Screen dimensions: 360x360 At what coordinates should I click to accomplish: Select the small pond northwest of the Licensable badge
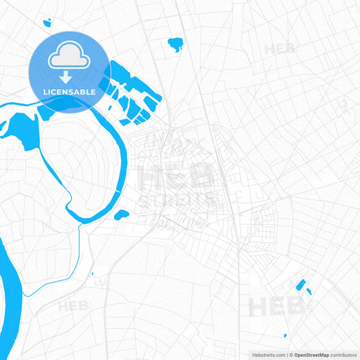click(47, 23)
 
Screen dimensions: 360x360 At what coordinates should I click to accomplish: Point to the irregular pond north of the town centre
click(176, 45)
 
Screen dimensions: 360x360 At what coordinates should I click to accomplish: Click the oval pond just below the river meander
click(122, 215)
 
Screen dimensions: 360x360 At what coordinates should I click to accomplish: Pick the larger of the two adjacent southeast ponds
click(300, 284)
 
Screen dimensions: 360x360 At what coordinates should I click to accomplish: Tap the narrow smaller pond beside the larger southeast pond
click(309, 291)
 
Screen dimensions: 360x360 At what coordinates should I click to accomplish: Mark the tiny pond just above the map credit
click(285, 336)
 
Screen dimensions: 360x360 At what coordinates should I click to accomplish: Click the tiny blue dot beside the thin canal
click(92, 274)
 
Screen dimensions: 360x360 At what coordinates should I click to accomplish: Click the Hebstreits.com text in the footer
click(265, 355)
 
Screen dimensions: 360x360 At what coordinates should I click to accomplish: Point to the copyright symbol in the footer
click(291, 355)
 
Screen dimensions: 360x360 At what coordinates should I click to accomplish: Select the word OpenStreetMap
click(311, 355)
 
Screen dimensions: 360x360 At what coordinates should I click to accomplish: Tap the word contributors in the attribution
click(344, 355)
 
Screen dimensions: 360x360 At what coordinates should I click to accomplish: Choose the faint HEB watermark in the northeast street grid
click(279, 49)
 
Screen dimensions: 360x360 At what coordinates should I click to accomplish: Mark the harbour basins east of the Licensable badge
click(132, 95)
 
